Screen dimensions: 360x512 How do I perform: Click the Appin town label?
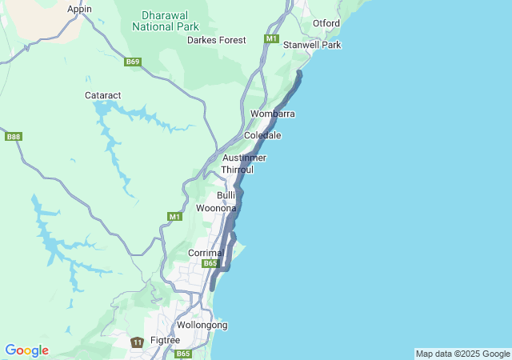click(79, 9)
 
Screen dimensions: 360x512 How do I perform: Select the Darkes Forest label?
click(216, 39)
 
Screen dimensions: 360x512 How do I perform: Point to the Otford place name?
click(326, 23)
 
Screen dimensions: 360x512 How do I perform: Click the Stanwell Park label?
click(312, 45)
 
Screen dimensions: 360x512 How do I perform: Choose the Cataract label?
click(102, 95)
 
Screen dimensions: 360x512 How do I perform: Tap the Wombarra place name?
click(272, 114)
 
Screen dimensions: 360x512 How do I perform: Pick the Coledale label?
click(262, 135)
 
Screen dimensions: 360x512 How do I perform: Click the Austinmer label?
click(244, 158)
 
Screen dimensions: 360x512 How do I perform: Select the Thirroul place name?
click(238, 170)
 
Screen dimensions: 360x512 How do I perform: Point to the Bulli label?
click(226, 195)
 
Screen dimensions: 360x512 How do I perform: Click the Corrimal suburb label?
click(205, 252)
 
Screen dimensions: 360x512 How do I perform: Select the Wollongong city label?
click(202, 325)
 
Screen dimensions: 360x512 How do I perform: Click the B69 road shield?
click(133, 62)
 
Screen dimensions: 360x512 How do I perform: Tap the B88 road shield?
click(14, 137)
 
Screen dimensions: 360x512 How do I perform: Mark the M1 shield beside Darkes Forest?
click(271, 38)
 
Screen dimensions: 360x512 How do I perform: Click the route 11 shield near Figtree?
click(137, 342)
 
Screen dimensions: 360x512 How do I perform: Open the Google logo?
click(26, 350)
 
